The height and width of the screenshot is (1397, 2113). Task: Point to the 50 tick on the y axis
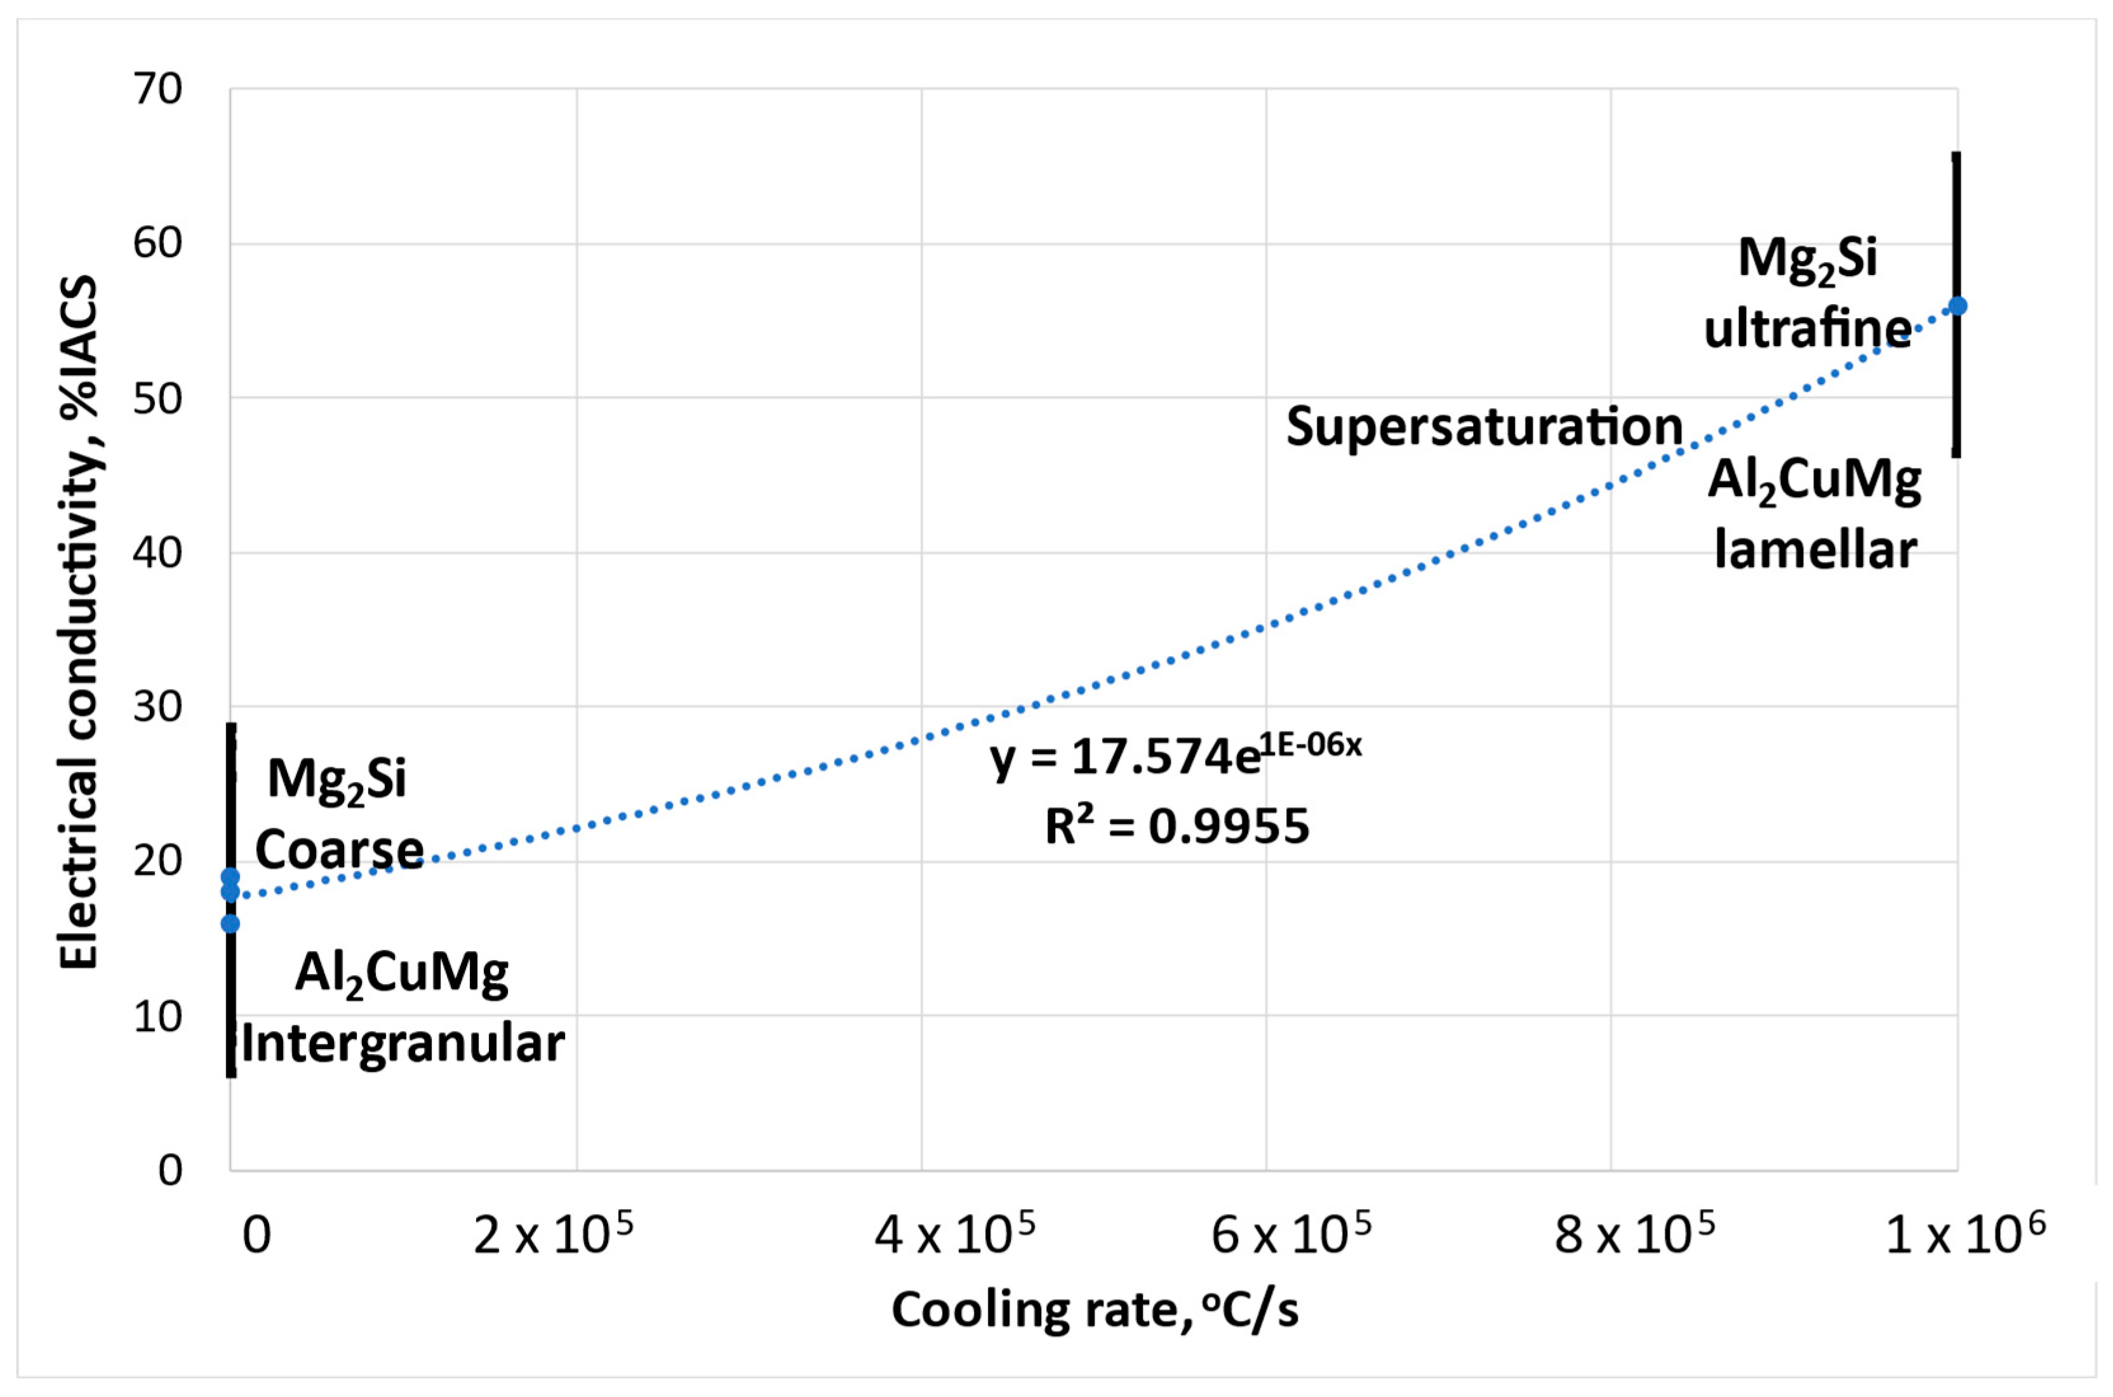click(157, 398)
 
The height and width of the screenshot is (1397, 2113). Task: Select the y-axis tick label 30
click(157, 707)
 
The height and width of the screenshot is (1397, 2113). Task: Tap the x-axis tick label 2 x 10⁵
click(552, 1235)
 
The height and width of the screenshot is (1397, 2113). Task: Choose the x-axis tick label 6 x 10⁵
click(1291, 1235)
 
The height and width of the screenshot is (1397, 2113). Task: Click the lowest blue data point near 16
click(230, 923)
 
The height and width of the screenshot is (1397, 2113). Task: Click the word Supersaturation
click(1484, 427)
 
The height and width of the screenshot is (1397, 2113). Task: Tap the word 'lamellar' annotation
click(1815, 550)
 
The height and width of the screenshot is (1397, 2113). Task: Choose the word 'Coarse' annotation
click(340, 849)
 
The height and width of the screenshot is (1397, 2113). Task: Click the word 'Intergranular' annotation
click(403, 1043)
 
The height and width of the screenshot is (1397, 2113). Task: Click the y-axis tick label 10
click(157, 1017)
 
